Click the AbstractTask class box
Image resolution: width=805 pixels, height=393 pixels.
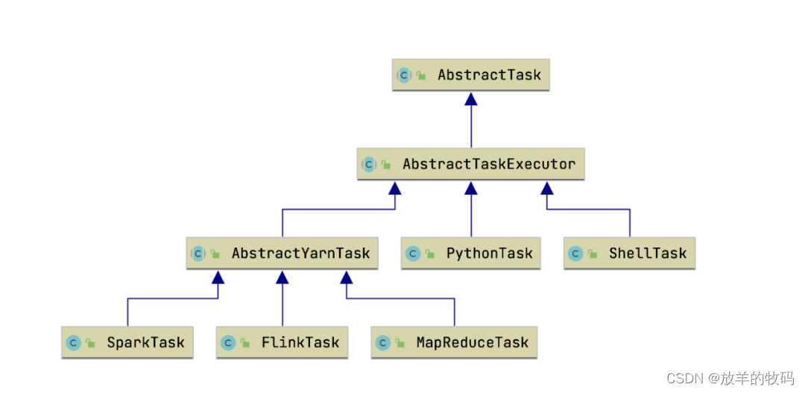(470, 75)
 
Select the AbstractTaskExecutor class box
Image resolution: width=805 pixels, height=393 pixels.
(470, 164)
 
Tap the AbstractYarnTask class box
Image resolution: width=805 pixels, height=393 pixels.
(282, 254)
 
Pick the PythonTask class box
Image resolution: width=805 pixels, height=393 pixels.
(470, 254)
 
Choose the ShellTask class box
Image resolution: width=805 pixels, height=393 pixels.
(630, 254)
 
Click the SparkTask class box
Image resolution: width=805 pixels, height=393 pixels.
(127, 343)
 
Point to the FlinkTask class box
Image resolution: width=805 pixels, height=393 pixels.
(282, 343)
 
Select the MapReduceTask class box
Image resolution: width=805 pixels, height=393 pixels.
(454, 343)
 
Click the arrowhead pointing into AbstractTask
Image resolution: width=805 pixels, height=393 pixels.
(470, 99)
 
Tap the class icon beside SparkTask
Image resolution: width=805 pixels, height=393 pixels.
(74, 343)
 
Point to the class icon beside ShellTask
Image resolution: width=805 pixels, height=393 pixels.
(575, 254)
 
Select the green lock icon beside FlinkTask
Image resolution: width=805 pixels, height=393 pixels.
(245, 344)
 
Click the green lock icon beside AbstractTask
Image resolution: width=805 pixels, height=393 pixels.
(421, 76)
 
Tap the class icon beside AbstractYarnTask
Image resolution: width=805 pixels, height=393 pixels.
(198, 254)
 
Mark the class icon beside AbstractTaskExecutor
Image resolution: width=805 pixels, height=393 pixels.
(369, 164)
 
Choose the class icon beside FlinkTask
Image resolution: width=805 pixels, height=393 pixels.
(228, 343)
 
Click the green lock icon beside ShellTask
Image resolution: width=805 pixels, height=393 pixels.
(593, 254)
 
